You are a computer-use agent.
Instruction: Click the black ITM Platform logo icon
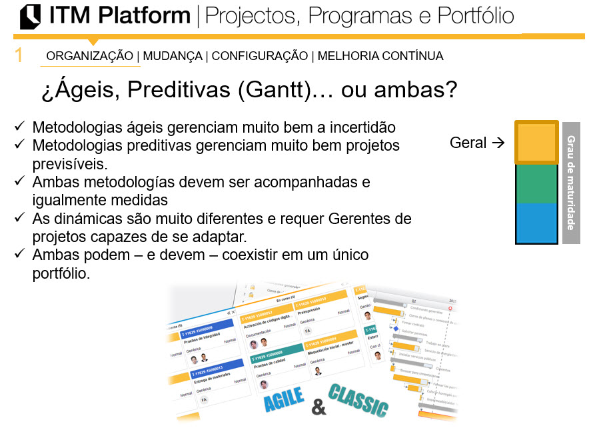[30, 17]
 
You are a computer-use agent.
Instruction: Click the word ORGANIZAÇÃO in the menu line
[89, 56]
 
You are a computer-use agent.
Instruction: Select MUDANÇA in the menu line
[173, 56]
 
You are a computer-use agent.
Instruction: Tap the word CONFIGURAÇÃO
[260, 56]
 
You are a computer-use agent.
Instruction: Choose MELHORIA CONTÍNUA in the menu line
[380, 56]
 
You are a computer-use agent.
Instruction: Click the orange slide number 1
[19, 55]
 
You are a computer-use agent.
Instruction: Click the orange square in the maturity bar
[536, 142]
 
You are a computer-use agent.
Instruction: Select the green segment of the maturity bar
[536, 183]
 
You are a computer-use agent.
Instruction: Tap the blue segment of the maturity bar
[536, 223]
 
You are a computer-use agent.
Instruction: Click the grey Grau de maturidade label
[571, 182]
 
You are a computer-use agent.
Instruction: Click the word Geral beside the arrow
[468, 143]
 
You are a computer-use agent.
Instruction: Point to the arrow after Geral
[497, 143]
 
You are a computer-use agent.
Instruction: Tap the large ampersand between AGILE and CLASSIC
[319, 407]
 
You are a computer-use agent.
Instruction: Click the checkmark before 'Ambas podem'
[20, 254]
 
